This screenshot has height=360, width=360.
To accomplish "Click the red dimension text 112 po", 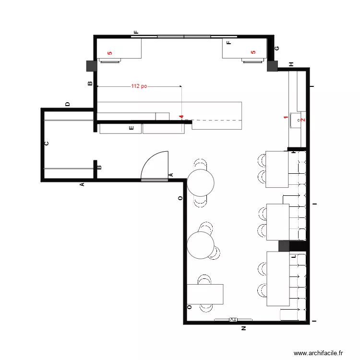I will pos(139,86).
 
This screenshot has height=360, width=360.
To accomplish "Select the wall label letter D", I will pos(68,104).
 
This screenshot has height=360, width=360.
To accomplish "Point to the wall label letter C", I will pos(47,143).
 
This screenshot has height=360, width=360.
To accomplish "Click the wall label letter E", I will pos(131,128).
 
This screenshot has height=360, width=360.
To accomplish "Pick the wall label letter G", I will pos(276,48).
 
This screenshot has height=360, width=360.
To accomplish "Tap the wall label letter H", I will pos(291,64).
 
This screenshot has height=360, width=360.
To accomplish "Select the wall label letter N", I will pos(243,329).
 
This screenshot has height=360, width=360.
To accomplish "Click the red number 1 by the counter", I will pos(285,118).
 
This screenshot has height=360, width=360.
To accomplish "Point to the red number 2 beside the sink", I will pos(302,120).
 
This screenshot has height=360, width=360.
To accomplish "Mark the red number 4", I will pos(181,117).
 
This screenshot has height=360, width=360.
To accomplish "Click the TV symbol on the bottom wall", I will pos(233,319).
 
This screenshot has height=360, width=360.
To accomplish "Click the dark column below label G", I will pos(272,66).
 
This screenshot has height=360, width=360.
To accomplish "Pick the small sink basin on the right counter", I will pos(301,117).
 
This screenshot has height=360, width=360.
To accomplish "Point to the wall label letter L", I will pos(293,257).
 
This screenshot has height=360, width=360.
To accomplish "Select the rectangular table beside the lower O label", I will pos(205,294).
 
